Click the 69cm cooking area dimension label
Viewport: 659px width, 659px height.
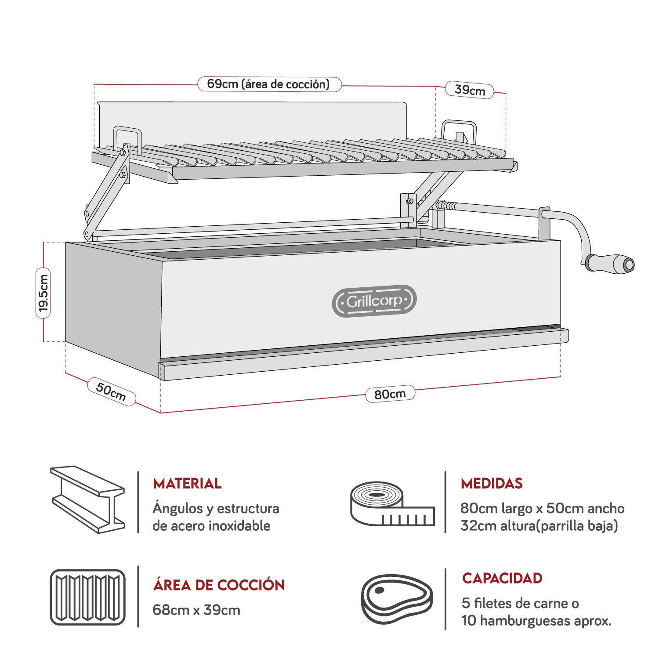[269, 84]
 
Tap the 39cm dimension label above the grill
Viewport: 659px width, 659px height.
[470, 90]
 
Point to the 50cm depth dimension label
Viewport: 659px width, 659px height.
[111, 391]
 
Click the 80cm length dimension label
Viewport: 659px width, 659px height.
[390, 394]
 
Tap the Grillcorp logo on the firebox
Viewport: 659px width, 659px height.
[374, 301]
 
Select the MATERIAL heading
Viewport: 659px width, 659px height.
[187, 483]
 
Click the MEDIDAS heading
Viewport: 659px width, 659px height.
[492, 483]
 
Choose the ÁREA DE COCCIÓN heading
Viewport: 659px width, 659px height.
[219, 585]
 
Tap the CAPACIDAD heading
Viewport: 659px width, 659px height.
[502, 578]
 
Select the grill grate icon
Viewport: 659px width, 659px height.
[88, 597]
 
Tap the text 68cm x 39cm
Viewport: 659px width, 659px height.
[196, 610]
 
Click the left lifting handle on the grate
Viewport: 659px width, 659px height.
[127, 138]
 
